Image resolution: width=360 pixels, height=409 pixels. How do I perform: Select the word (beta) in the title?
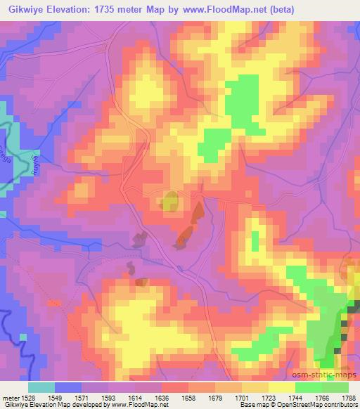click(x=278, y=8)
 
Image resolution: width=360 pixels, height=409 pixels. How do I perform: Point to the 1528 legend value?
click(x=25, y=397)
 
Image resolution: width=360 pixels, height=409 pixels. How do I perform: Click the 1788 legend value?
click(x=348, y=397)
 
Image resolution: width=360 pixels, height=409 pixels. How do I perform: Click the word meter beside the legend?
click(x=8, y=397)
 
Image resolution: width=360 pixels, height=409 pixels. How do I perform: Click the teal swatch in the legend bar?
click(x=41, y=387)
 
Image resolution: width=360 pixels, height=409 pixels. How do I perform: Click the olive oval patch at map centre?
click(x=169, y=202)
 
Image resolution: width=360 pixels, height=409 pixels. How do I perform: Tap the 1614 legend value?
click(x=135, y=397)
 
